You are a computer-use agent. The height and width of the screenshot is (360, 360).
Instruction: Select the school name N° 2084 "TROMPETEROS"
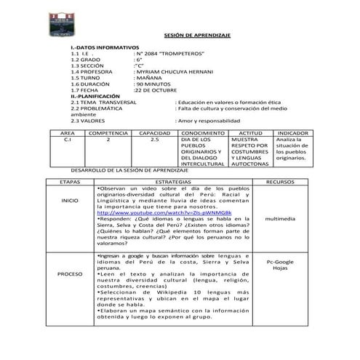[x=164, y=55]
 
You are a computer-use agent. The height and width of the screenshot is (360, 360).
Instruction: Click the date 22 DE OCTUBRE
[x=158, y=89]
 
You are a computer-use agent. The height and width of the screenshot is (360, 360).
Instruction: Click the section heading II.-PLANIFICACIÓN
[x=95, y=96]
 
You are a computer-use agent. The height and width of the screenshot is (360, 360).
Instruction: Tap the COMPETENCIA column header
[x=108, y=134]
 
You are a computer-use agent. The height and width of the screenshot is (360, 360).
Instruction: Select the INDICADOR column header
[x=293, y=134]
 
